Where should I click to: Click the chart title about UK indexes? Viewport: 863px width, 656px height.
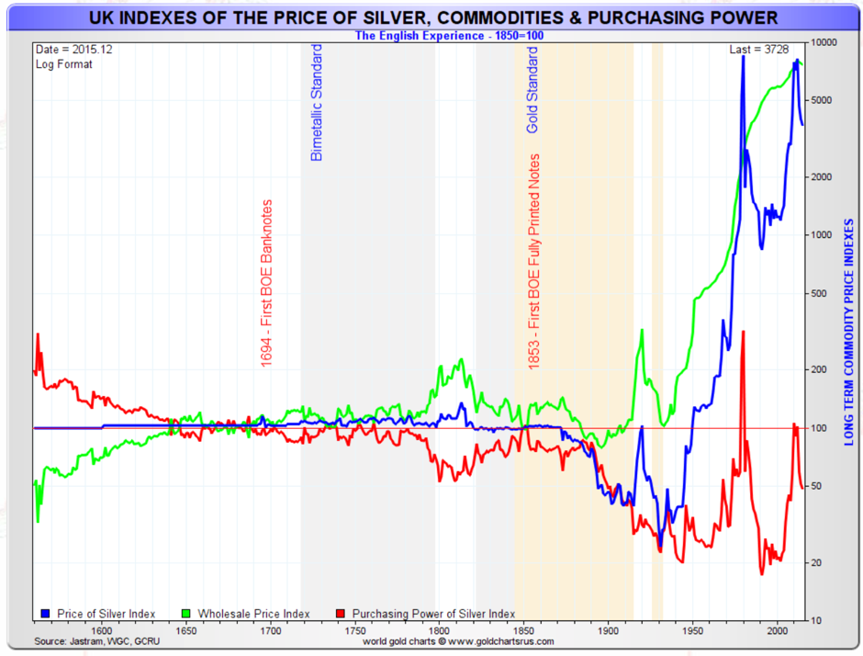(x=432, y=17)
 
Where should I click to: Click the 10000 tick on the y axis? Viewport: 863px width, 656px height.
(x=823, y=43)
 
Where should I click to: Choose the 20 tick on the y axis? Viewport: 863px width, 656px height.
(x=815, y=562)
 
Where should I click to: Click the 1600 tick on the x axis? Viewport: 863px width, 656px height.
(x=101, y=630)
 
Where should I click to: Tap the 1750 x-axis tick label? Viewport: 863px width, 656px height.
(x=354, y=630)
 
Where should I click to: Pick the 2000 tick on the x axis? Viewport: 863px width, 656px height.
(x=777, y=630)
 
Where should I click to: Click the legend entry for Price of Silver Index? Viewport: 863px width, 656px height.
(x=99, y=614)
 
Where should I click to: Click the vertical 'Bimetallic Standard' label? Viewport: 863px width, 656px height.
(x=317, y=102)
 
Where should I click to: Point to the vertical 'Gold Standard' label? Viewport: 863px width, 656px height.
(x=532, y=90)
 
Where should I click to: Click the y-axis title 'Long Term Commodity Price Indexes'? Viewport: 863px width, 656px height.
(x=849, y=331)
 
